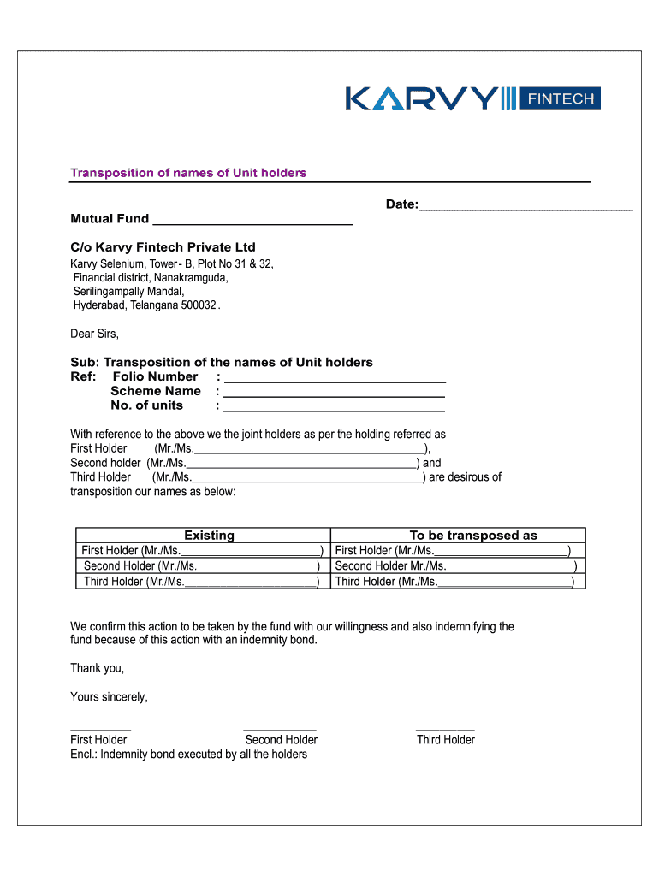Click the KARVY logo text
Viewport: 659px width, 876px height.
point(421,98)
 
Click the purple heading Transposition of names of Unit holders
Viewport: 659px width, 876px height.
point(188,173)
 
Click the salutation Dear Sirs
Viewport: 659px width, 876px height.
point(95,334)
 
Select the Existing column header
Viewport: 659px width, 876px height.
point(209,536)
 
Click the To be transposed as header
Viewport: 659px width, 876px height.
point(473,536)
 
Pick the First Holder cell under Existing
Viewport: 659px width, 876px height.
point(202,551)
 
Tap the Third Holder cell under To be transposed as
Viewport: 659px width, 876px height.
point(460,582)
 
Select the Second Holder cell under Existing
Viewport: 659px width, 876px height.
point(202,566)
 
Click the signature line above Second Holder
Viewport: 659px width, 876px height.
point(280,728)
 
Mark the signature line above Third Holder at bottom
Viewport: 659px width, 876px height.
point(445,728)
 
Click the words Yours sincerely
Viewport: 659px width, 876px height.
point(109,697)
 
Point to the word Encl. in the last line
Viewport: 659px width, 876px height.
point(83,755)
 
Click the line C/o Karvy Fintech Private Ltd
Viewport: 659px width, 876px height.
point(163,247)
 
